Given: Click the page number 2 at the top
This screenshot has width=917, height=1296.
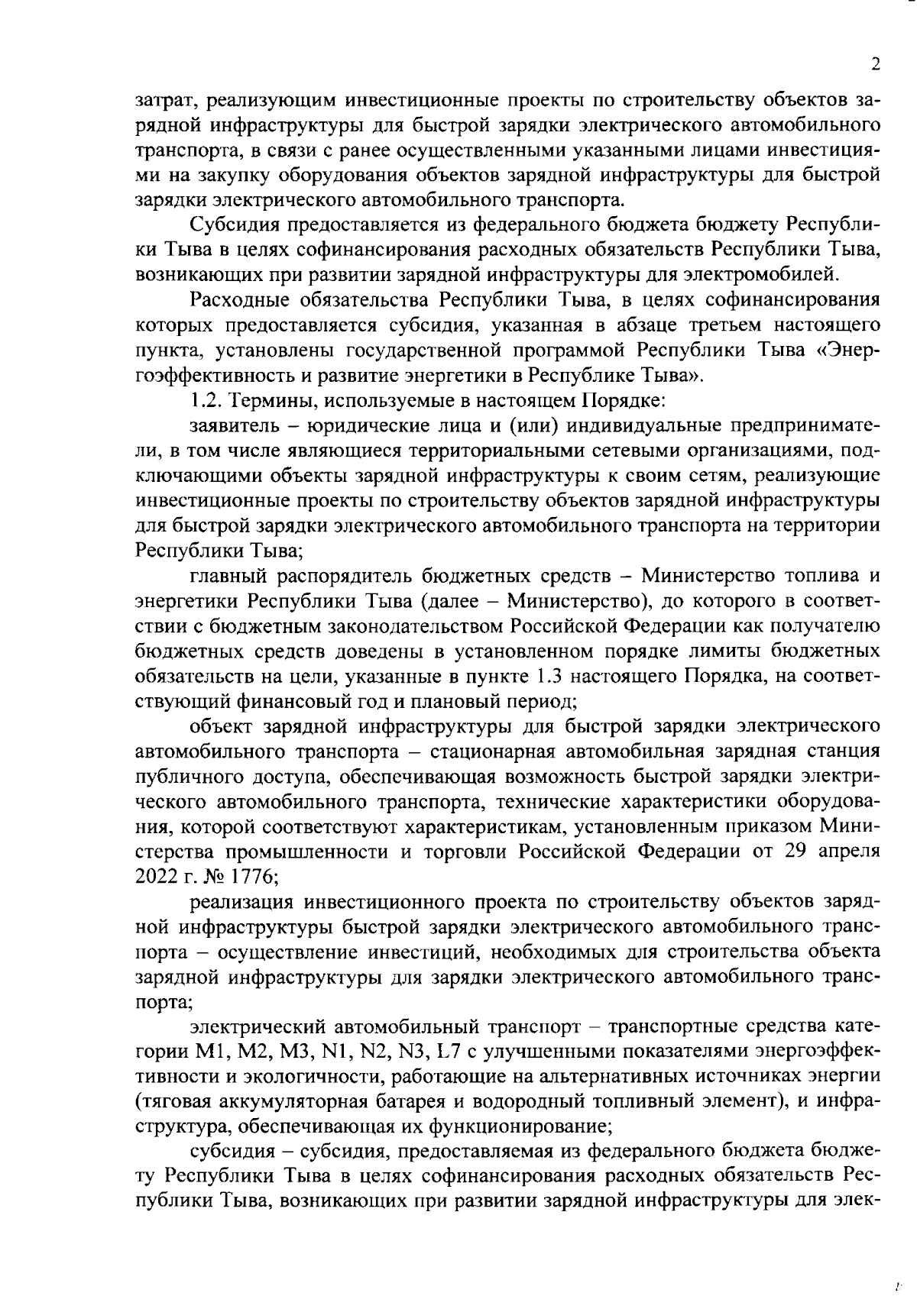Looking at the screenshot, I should [876, 64].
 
